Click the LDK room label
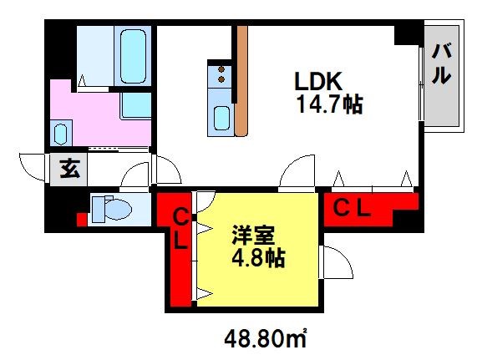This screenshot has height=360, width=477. tap(318, 81)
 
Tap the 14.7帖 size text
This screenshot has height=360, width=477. tap(330, 104)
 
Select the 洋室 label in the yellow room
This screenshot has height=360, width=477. tap(253, 236)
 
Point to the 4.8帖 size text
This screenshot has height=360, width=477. tap(259, 258)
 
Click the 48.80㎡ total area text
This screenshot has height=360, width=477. tap(266, 339)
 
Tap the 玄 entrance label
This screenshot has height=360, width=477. tap(69, 169)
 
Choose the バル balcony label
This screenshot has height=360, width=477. tap(441, 63)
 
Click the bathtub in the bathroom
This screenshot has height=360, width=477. tap(133, 56)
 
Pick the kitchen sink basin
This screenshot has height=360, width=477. tap(221, 118)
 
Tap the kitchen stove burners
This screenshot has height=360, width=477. tap(221, 74)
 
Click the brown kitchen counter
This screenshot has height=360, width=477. tap(242, 80)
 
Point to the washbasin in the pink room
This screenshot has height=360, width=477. tap(60, 134)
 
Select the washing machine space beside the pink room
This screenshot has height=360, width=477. tap(135, 106)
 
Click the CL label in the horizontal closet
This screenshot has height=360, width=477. tap(352, 208)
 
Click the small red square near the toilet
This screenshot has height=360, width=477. tap(81, 220)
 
